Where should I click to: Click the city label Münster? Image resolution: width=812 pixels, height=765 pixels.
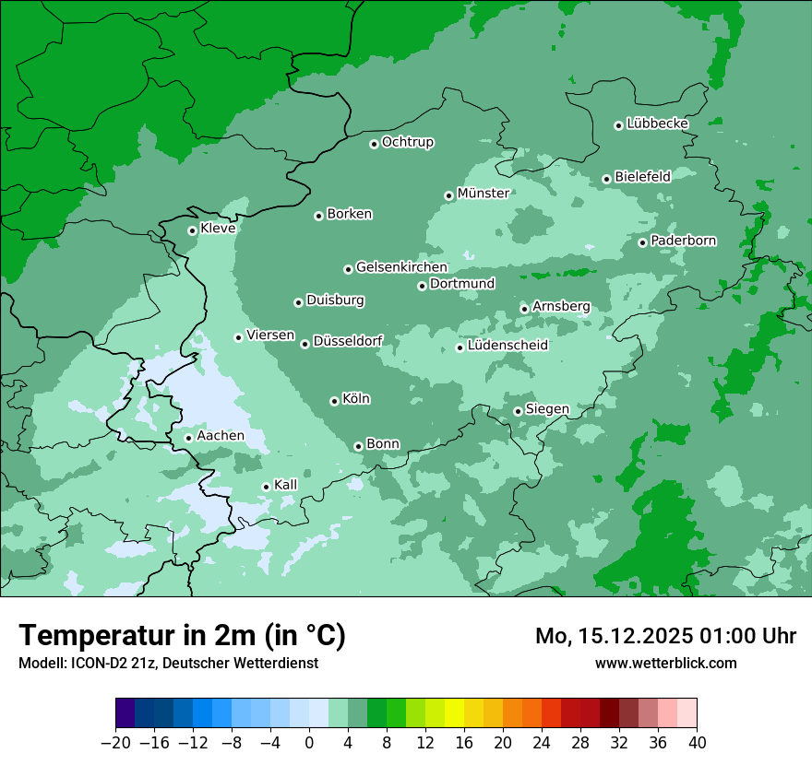[x=484, y=194]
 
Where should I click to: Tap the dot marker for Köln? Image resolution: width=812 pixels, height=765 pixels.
[x=334, y=401]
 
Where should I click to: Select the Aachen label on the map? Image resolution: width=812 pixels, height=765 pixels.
[x=221, y=436]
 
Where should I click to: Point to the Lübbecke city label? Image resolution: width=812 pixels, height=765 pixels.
[x=657, y=124]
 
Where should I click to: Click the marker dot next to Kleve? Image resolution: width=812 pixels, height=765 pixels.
[x=192, y=230]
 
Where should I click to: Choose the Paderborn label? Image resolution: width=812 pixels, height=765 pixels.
[x=683, y=241]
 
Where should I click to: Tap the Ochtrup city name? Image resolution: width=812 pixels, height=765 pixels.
[x=407, y=142]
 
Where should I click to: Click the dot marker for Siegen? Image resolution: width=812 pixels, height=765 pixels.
[x=518, y=411]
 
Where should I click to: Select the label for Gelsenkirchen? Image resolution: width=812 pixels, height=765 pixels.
[x=401, y=267]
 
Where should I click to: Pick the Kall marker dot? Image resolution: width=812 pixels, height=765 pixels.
[x=266, y=487]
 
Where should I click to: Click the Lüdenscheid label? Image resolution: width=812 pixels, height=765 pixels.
[x=507, y=346]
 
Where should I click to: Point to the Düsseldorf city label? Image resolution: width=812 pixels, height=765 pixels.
[x=348, y=341]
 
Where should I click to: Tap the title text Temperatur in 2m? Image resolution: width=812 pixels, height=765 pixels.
[x=183, y=635]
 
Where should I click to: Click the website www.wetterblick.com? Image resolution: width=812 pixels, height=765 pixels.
[x=665, y=663]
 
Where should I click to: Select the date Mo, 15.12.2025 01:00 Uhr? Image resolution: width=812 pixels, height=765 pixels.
[x=665, y=636]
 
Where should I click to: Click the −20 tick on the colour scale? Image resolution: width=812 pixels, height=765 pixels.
[x=115, y=743]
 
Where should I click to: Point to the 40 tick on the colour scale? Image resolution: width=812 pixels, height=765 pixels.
[x=697, y=743]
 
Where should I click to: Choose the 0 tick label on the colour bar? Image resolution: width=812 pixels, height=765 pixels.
[x=309, y=743]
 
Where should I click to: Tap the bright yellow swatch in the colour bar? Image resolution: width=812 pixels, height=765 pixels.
[x=454, y=713]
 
